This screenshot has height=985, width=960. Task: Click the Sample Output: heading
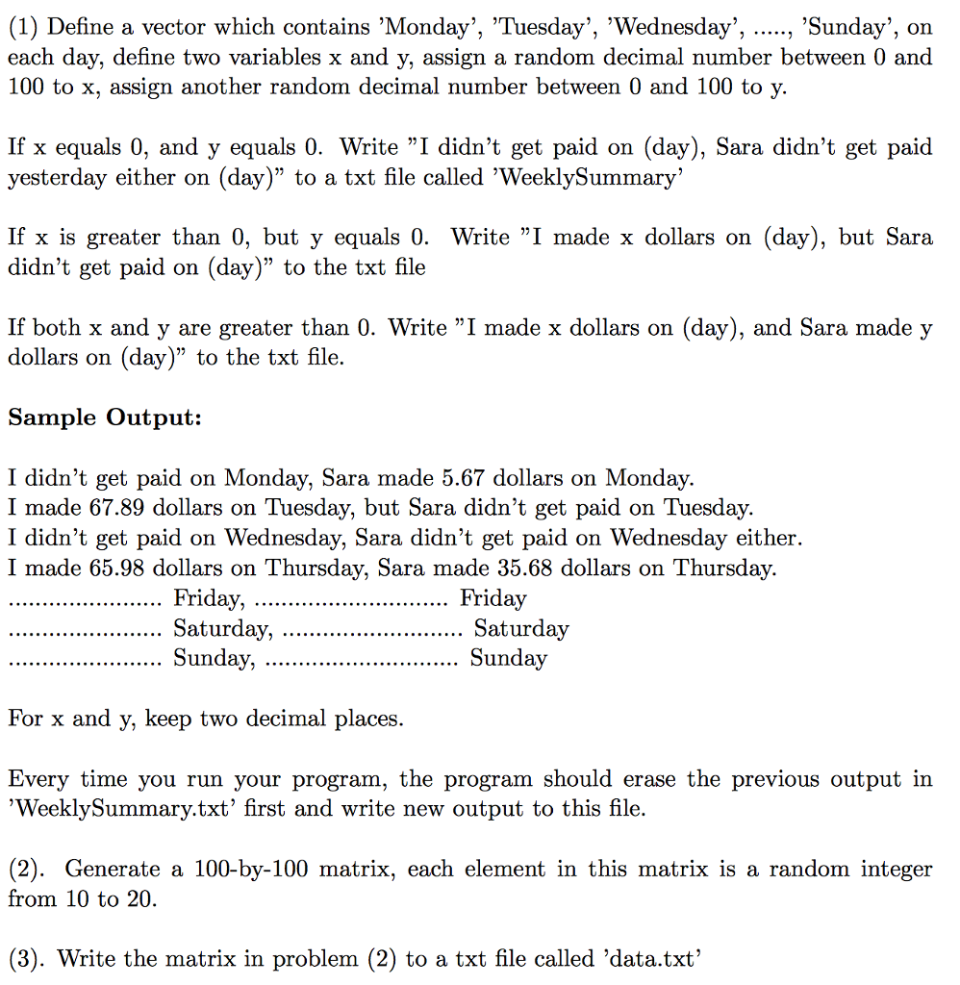tap(104, 417)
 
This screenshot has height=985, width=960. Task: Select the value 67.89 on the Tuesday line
tap(118, 508)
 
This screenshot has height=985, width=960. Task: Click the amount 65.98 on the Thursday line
tap(118, 568)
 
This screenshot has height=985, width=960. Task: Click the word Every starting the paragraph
tap(38, 779)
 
